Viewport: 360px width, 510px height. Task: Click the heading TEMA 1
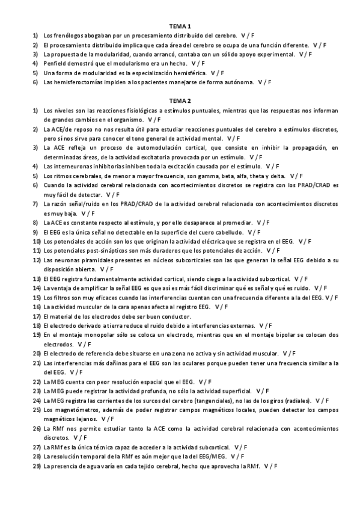pos(180,26)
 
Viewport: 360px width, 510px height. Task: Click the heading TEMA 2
pos(180,100)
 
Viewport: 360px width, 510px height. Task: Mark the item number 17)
pos(36,316)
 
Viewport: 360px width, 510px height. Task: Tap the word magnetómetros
pos(77,409)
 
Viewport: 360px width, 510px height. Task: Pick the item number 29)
pos(36,465)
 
